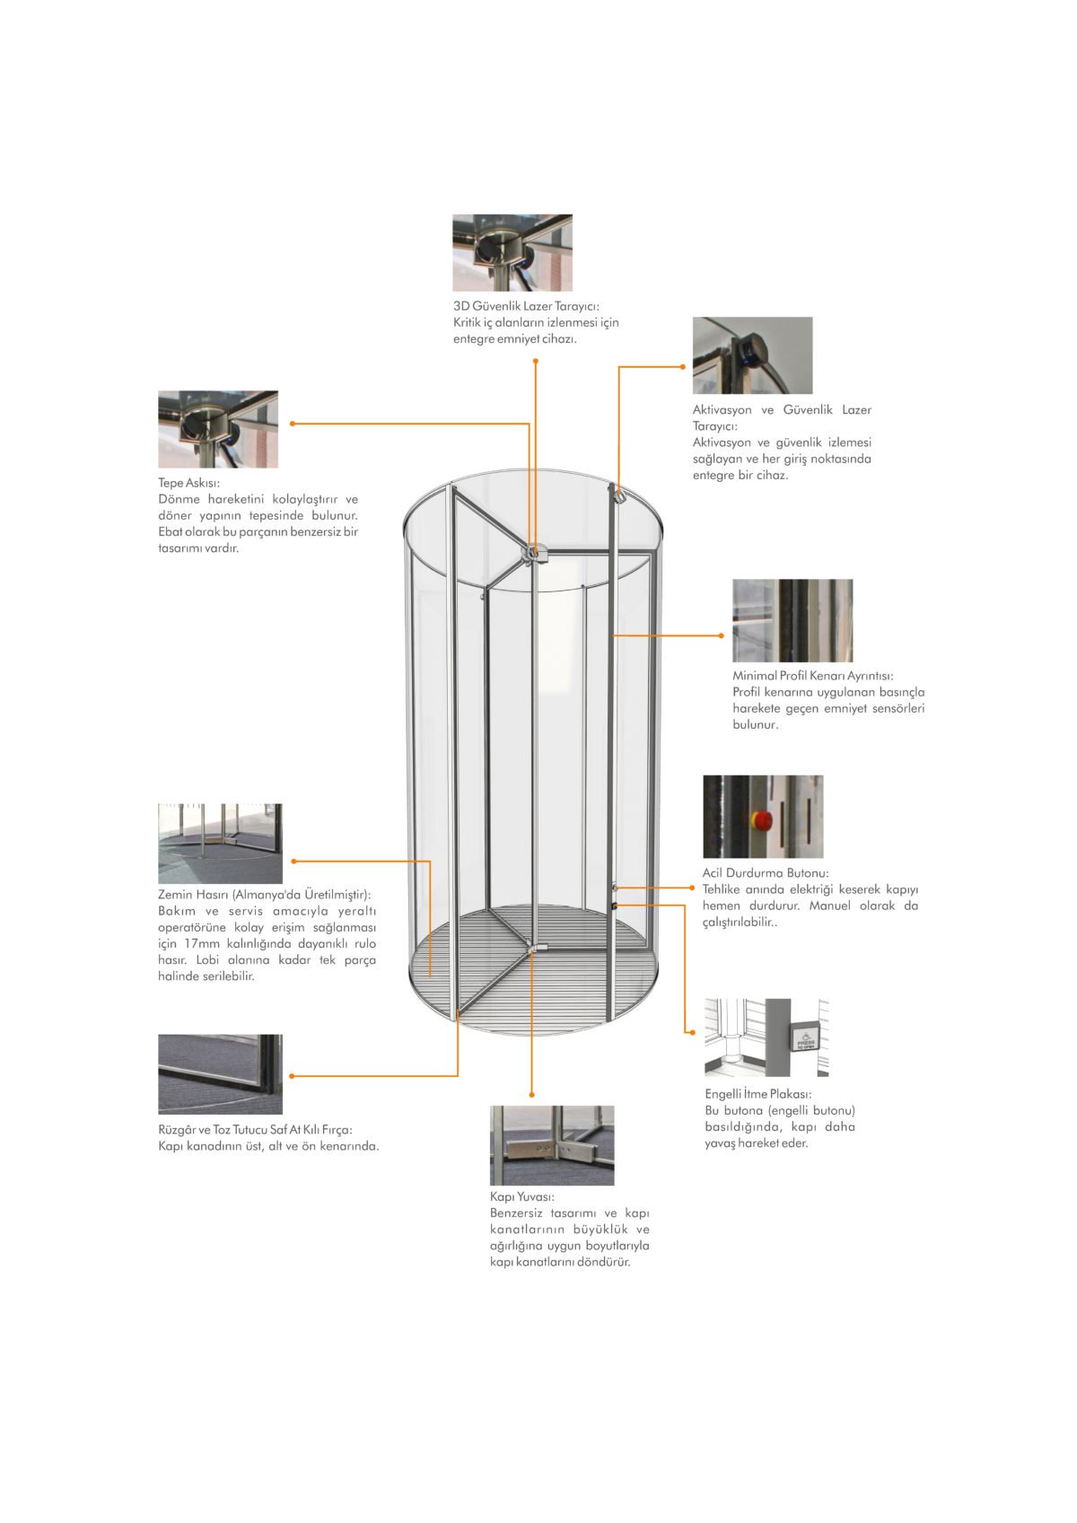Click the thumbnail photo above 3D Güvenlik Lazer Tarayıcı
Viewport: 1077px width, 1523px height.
coord(512,251)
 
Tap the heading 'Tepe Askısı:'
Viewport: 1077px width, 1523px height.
coord(188,483)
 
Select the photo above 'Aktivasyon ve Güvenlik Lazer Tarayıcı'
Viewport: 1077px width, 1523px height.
coord(752,354)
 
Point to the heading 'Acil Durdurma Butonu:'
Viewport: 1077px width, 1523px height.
coord(766,872)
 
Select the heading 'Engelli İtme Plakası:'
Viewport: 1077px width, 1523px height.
coord(758,1094)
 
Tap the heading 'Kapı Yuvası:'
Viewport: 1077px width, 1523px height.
coord(522,1196)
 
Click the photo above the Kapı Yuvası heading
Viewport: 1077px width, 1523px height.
coord(552,1145)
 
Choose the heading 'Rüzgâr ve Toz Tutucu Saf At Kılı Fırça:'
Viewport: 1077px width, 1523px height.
coord(255,1130)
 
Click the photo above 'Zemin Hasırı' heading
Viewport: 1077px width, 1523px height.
coord(220,844)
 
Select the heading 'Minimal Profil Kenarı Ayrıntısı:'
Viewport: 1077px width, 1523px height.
coord(813,676)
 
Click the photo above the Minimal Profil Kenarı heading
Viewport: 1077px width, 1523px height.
coord(792,620)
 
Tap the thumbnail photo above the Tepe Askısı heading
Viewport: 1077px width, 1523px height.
coord(218,429)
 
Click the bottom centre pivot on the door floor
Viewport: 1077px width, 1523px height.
coord(538,947)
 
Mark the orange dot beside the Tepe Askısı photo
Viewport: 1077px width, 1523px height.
coord(292,424)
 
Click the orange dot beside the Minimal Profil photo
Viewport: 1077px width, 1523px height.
coord(721,635)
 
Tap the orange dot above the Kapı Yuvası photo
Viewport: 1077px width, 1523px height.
coord(532,1095)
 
